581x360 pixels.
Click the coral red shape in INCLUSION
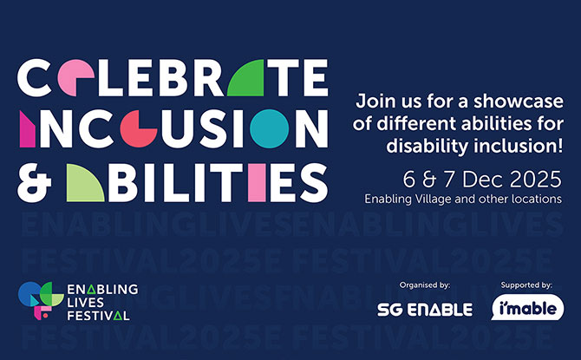point(138,129)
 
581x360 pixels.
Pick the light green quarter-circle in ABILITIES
point(86,181)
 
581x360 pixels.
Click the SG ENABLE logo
point(424,309)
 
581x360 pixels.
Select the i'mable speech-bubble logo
point(527,308)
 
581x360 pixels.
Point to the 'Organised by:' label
point(424,285)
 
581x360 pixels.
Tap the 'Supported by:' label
point(526,285)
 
